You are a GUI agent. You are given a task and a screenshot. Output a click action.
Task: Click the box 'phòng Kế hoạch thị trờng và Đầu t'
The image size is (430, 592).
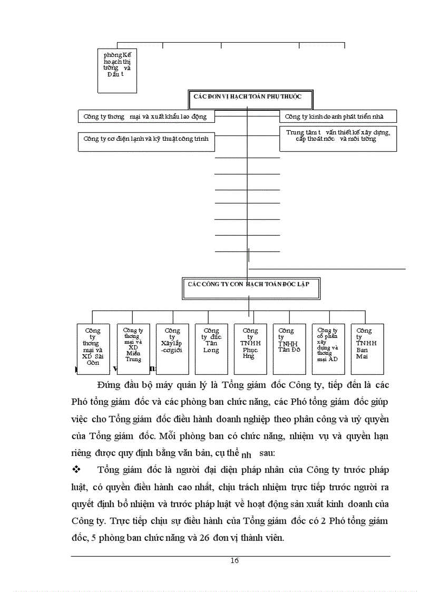click(117, 70)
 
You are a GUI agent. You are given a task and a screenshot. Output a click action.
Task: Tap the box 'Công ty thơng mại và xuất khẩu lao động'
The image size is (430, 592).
click(146, 117)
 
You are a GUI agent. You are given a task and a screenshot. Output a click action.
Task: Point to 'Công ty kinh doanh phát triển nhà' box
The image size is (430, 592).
click(338, 117)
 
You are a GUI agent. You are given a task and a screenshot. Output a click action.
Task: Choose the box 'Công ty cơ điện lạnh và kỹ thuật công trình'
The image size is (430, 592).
click(146, 139)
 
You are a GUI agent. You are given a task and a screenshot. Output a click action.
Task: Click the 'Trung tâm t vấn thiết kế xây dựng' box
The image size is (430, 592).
click(338, 139)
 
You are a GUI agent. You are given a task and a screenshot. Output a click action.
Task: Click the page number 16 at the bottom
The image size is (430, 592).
click(234, 560)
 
